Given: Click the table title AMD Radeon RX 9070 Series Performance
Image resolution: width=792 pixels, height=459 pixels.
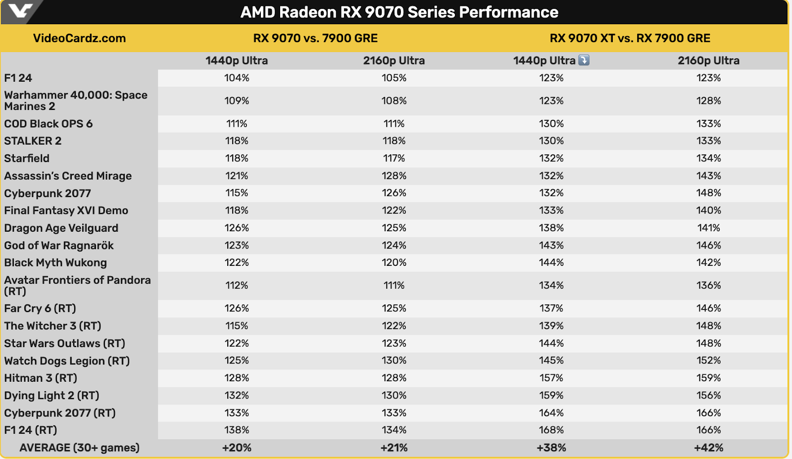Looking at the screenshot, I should tap(399, 12).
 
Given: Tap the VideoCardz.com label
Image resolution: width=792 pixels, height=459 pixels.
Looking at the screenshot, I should tap(79, 38).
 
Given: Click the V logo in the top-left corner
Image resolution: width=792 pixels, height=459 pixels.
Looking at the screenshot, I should tap(20, 10).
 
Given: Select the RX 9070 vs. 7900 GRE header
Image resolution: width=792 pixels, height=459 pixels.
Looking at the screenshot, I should tap(315, 38).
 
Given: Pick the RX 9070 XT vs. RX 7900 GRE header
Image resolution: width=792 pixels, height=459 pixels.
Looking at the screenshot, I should tap(630, 38).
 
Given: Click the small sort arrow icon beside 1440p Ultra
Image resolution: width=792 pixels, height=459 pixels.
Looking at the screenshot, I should tap(584, 60).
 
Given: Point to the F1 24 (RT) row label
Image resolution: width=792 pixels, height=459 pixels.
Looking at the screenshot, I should tap(31, 430).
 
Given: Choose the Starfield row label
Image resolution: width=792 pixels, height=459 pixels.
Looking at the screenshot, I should tap(27, 158).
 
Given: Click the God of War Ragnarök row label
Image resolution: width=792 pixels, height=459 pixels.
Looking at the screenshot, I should tap(59, 246).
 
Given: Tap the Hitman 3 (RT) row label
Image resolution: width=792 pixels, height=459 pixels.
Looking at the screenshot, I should tap(41, 378).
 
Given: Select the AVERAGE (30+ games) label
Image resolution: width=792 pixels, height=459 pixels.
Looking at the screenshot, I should tap(79, 448).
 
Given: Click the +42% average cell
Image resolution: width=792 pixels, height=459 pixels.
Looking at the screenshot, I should tap(708, 448).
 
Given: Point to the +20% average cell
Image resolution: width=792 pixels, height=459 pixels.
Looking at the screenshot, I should tap(237, 448).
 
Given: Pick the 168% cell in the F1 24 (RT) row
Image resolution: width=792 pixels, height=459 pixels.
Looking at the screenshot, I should tap(551, 430).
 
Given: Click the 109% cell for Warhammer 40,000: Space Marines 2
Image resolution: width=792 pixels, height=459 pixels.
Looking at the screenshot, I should tap(237, 101).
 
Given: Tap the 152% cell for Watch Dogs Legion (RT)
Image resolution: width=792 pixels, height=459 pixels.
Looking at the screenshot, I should tap(708, 360).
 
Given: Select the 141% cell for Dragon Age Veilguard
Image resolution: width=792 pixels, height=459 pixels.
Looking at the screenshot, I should tap(708, 228).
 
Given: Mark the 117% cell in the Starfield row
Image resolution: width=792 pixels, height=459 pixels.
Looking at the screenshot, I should tap(394, 158).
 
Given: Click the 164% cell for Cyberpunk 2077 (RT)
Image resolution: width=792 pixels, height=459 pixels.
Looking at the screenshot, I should tap(551, 413).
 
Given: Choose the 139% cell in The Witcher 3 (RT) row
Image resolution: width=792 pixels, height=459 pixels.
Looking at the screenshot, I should tap(551, 326).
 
